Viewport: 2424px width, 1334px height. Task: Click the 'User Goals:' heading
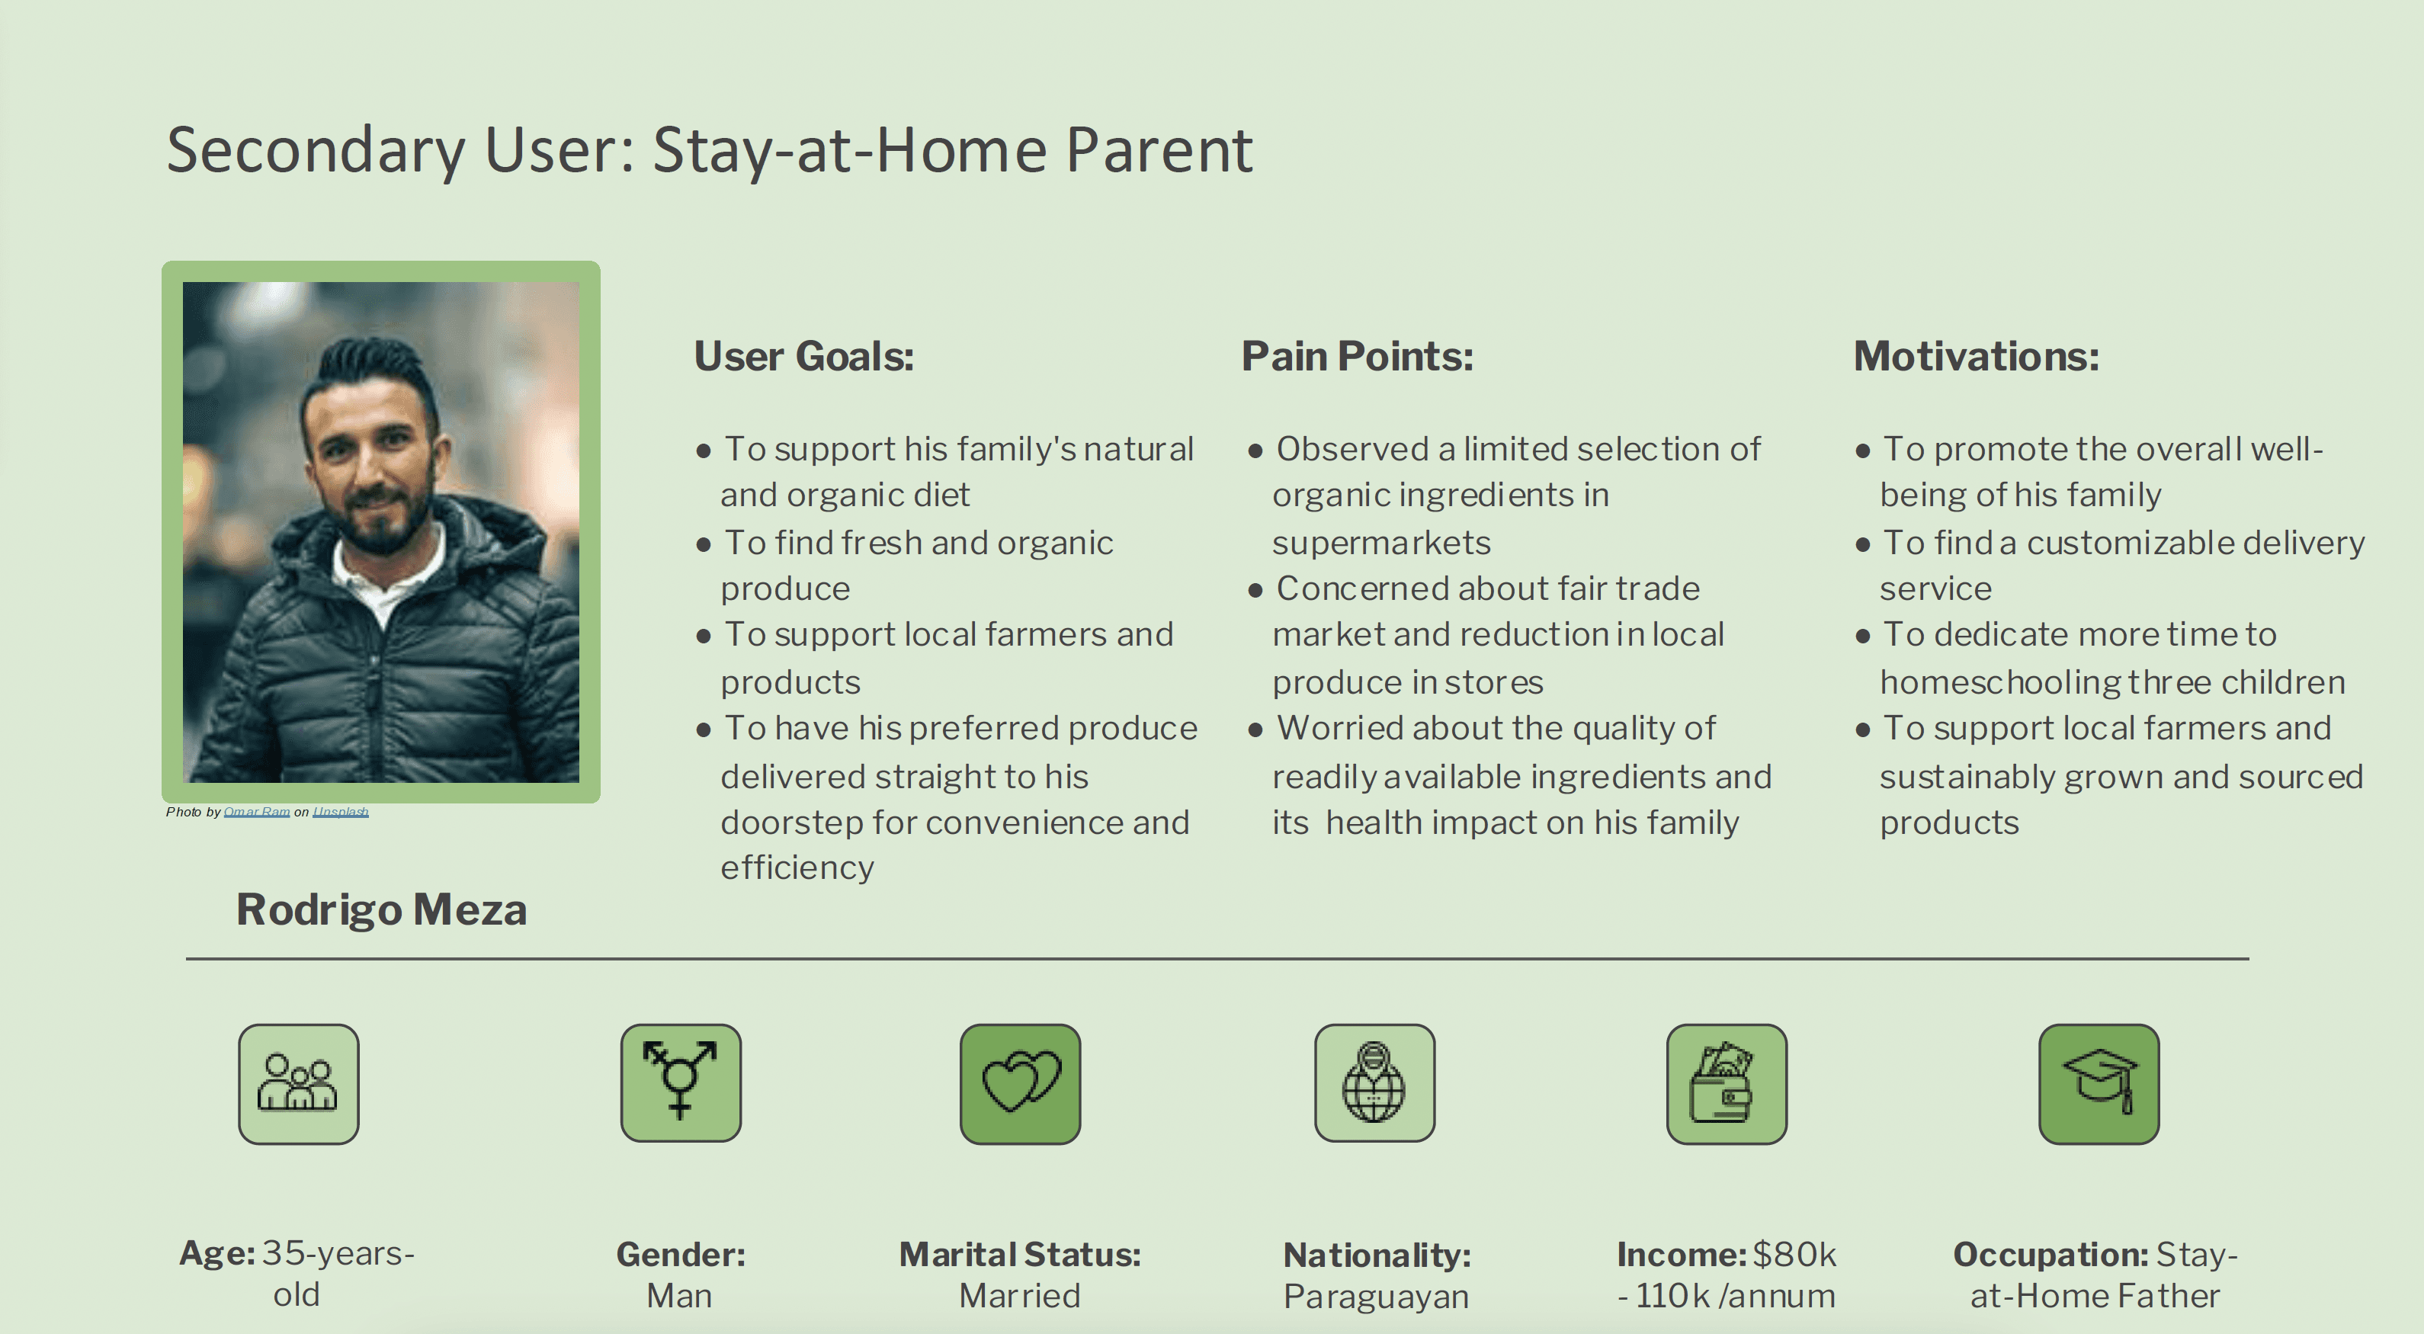click(803, 357)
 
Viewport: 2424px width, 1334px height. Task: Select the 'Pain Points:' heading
click(1357, 357)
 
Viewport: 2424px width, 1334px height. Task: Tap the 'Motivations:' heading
click(1976, 357)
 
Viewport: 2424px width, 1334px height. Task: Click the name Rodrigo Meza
click(381, 909)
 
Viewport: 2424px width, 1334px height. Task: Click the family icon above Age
click(298, 1084)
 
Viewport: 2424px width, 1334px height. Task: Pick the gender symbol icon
click(681, 1082)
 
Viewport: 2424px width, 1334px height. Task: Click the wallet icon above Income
click(1727, 1084)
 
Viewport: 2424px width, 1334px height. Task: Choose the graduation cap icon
click(2099, 1084)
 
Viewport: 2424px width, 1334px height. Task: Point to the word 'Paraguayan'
click(1376, 1297)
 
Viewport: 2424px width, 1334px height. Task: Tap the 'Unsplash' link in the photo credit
click(341, 812)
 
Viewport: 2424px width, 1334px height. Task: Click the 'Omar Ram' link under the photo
click(257, 812)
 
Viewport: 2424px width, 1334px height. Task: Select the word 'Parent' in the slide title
click(1159, 150)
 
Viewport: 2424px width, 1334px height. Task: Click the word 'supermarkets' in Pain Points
click(1381, 543)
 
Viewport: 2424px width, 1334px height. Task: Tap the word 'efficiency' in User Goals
click(797, 867)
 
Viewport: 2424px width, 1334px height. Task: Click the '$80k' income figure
click(1794, 1254)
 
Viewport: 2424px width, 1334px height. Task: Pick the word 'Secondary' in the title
click(316, 150)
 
